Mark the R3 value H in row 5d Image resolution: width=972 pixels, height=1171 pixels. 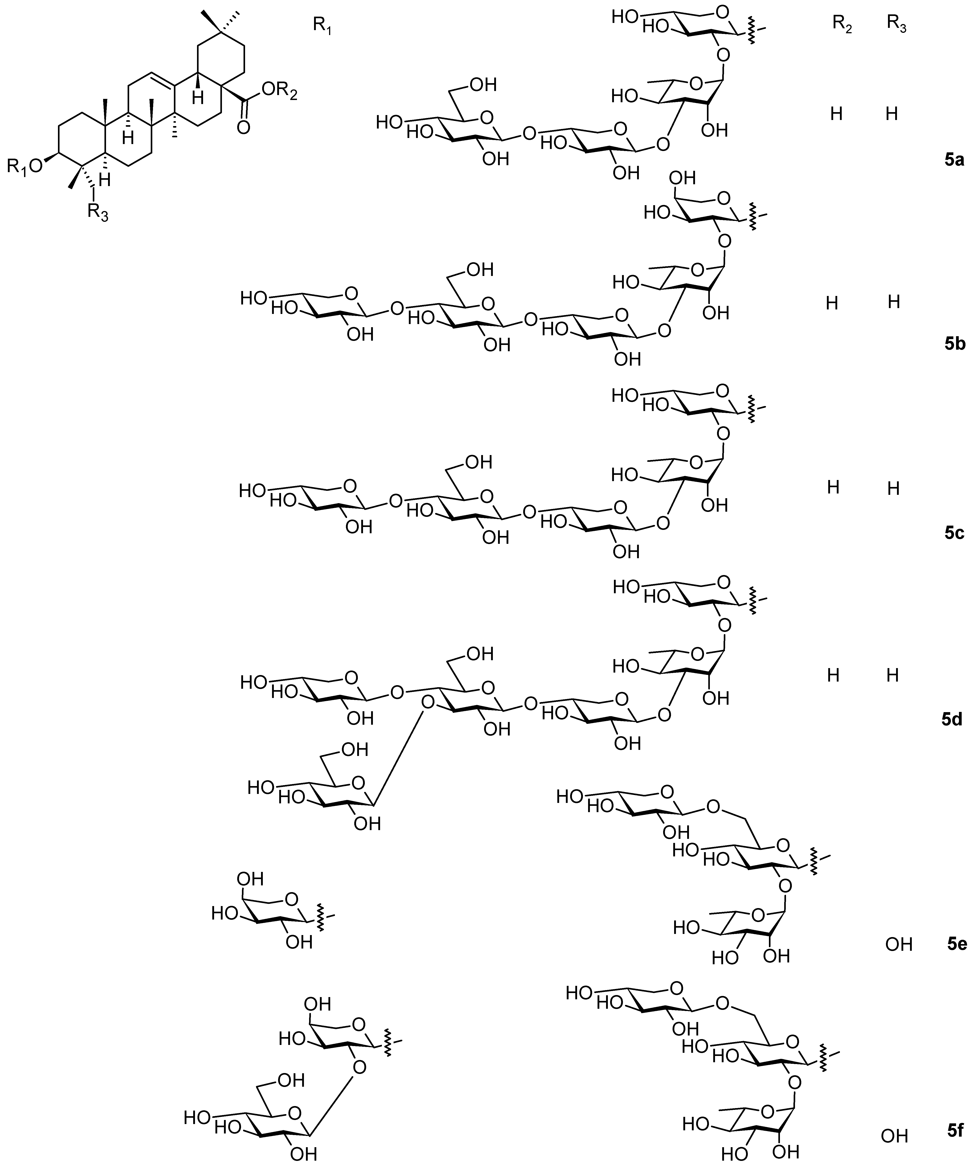pos(893,676)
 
